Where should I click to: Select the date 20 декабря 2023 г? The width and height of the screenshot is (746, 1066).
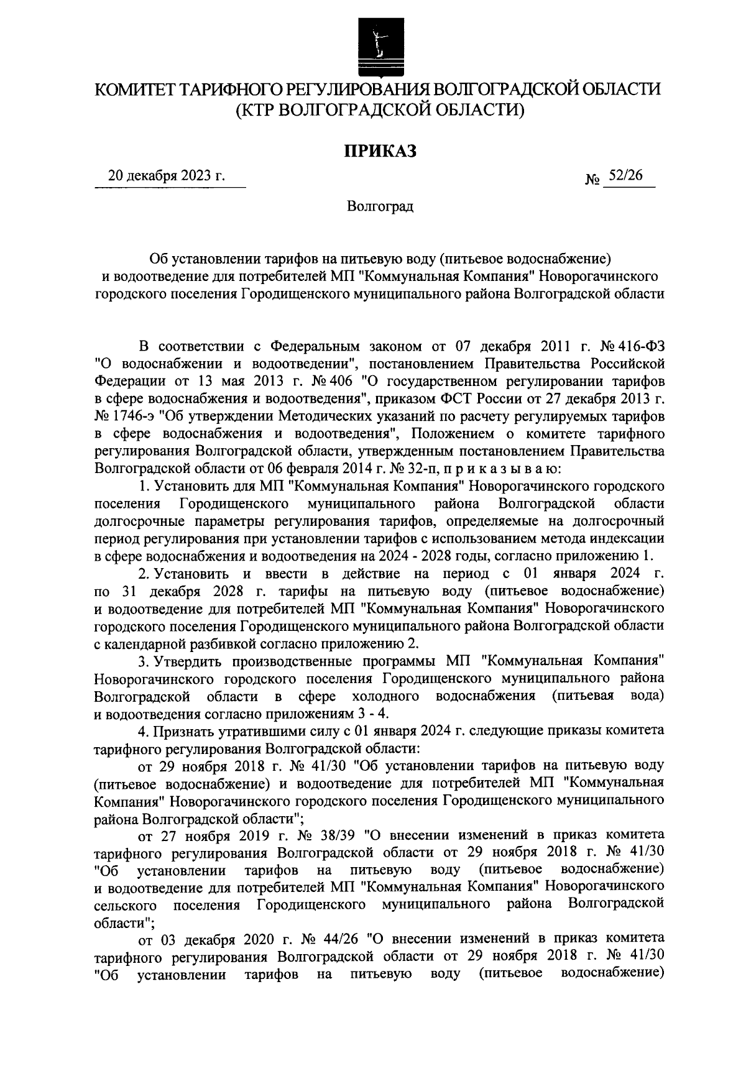[x=166, y=175]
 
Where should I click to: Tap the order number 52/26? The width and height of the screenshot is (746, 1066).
[x=625, y=175]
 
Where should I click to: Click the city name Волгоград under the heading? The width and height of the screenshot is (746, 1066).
[x=380, y=206]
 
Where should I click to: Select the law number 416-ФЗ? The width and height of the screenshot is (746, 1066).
[x=639, y=346]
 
